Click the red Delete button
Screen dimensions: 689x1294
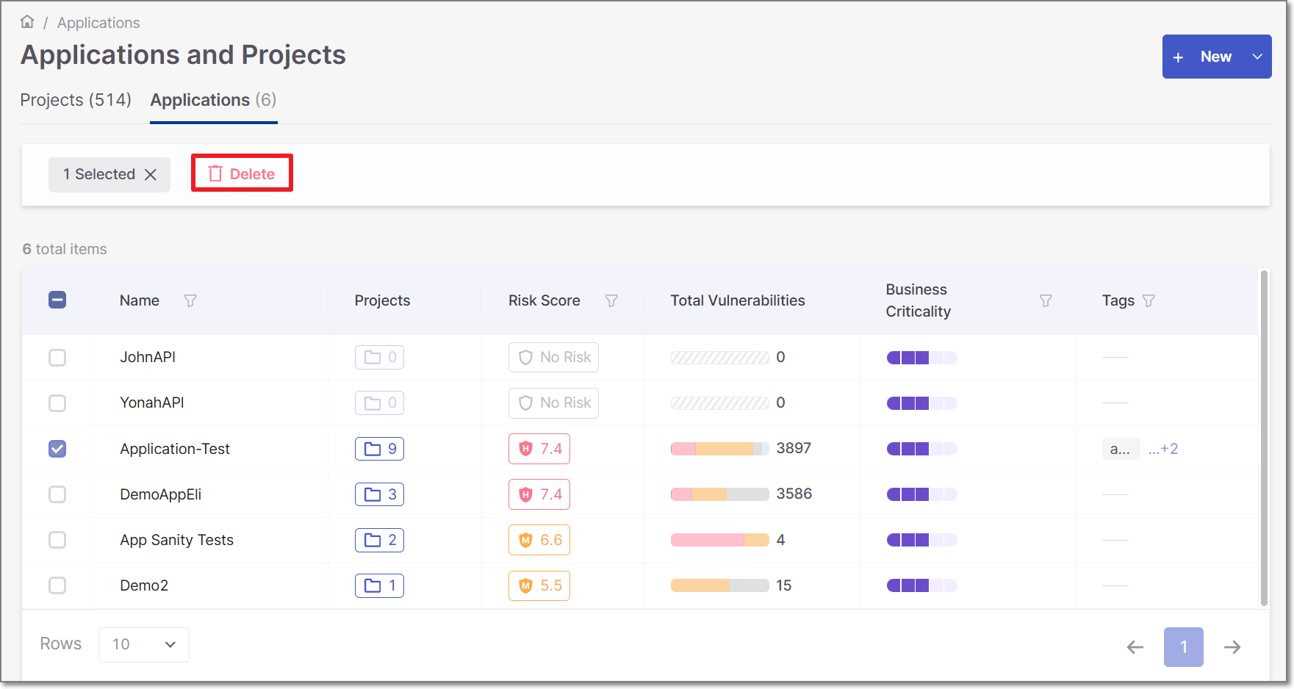(x=242, y=173)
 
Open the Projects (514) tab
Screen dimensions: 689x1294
(x=76, y=100)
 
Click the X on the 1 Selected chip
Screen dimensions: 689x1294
(x=151, y=174)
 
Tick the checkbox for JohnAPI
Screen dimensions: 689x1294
(x=57, y=358)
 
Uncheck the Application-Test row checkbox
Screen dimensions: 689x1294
(x=57, y=449)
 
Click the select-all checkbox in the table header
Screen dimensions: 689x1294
(x=57, y=300)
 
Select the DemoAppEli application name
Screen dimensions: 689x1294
(x=161, y=494)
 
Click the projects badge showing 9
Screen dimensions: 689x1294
(x=379, y=449)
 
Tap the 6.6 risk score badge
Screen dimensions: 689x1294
(x=539, y=540)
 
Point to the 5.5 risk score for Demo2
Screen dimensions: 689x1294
(x=539, y=585)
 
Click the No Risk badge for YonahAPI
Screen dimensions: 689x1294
(x=553, y=403)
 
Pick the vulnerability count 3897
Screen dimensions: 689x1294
(x=794, y=448)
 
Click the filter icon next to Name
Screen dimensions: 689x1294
(x=190, y=300)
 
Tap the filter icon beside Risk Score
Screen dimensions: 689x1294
(x=611, y=300)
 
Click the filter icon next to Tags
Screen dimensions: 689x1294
(x=1149, y=300)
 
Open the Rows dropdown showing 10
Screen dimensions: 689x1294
(x=144, y=644)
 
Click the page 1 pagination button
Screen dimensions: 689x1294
(x=1183, y=646)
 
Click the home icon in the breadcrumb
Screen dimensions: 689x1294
(x=27, y=22)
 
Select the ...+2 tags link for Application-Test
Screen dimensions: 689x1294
(x=1163, y=449)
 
